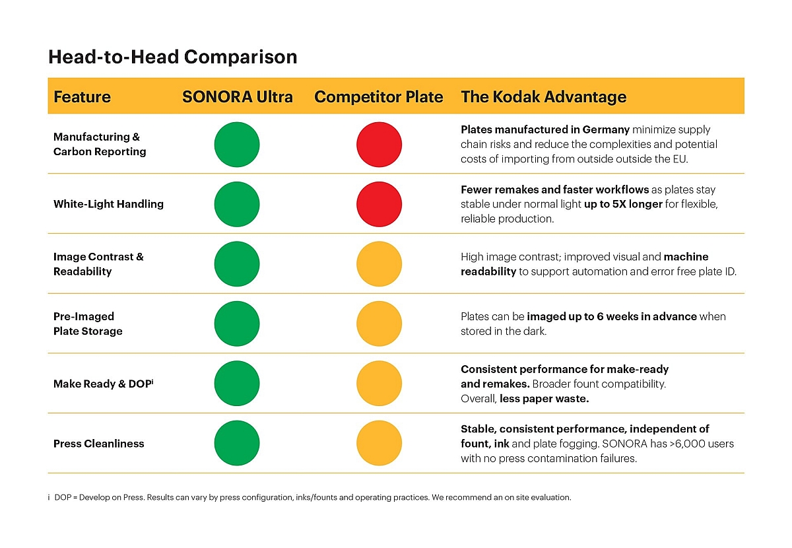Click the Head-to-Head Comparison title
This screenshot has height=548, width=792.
[x=173, y=57]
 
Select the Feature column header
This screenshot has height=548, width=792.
[x=82, y=97]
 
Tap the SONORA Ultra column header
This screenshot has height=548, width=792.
[x=237, y=97]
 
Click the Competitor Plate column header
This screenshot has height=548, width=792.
[x=378, y=97]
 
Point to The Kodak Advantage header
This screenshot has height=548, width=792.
[x=543, y=97]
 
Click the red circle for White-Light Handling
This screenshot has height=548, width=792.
[x=379, y=204]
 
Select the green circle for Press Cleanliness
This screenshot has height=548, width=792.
[x=237, y=444]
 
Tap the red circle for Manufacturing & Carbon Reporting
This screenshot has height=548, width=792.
[x=379, y=145]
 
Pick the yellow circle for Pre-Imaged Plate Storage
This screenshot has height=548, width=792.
[x=379, y=324]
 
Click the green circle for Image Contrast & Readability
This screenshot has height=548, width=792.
[x=237, y=264]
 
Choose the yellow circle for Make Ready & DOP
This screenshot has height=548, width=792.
[x=379, y=384]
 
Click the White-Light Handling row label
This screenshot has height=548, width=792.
[x=108, y=204]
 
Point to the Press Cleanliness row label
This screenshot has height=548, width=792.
[x=98, y=444]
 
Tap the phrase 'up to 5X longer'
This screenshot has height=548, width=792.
[x=623, y=204]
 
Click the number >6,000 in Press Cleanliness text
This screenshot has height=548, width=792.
[x=675, y=444]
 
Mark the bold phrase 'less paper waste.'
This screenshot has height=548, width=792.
[x=544, y=398]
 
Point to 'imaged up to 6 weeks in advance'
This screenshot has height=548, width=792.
[x=612, y=316]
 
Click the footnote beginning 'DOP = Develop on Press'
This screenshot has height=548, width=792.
[x=310, y=497]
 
